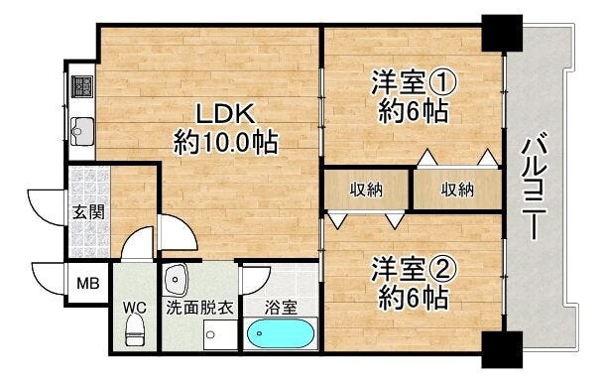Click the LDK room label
pyautogui.click(x=226, y=113)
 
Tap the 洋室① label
pyautogui.click(x=414, y=81)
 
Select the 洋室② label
pyautogui.click(x=414, y=269)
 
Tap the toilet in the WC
pyautogui.click(x=135, y=329)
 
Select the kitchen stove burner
pyautogui.click(x=82, y=86)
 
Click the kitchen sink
pyautogui.click(x=82, y=131)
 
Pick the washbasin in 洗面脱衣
pyautogui.click(x=176, y=279)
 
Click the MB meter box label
pyautogui.click(x=88, y=284)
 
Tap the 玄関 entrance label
pyautogui.click(x=88, y=212)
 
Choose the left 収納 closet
pyautogui.click(x=366, y=190)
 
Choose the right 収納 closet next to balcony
pyautogui.click(x=457, y=190)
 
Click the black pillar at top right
pyautogui.click(x=502, y=33)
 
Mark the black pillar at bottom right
pyautogui.click(x=502, y=349)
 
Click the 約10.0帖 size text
pyautogui.click(x=226, y=142)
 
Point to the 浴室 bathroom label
pyautogui.click(x=281, y=308)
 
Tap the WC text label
pyautogui.click(x=135, y=308)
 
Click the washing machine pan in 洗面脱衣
pyautogui.click(x=220, y=335)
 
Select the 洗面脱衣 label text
pyautogui.click(x=200, y=308)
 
